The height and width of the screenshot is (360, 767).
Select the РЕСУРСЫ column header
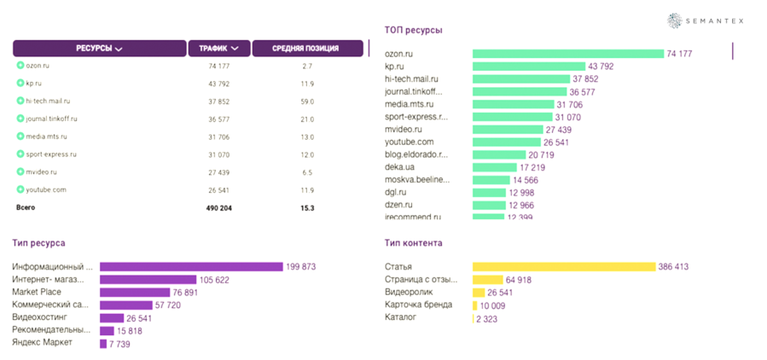[99, 48]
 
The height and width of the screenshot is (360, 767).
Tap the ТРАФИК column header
[218, 48]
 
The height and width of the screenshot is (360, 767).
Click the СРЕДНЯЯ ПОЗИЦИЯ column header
[305, 48]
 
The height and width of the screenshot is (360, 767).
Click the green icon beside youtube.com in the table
[20, 189]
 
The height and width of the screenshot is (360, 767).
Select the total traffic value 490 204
[220, 207]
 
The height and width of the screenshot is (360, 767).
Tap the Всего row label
[26, 207]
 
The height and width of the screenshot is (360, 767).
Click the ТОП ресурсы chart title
[413, 30]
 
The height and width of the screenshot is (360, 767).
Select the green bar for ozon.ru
[567, 54]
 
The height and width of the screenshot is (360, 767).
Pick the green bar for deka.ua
[494, 167]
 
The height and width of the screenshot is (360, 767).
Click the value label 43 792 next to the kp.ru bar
[600, 67]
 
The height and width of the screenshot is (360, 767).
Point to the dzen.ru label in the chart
[398, 205]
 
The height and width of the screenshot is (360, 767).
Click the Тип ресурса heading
[38, 243]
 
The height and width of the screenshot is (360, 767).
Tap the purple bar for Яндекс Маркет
[103, 343]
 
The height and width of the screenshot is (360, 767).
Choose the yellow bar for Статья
[563, 267]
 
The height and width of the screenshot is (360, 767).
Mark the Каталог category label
[402, 318]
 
